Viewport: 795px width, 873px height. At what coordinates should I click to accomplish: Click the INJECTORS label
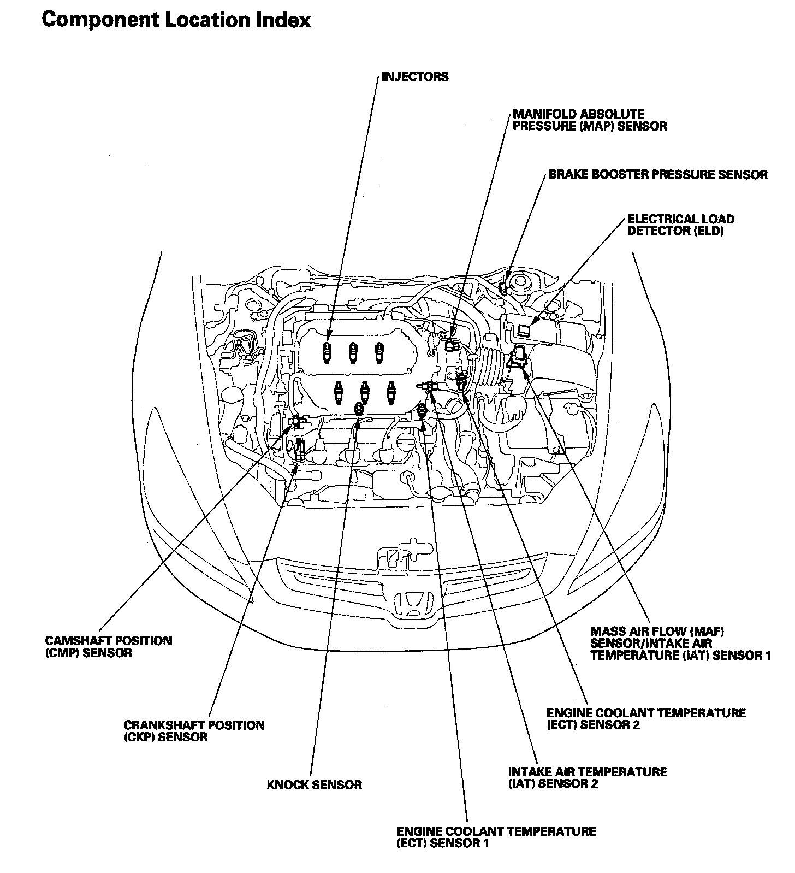(415, 76)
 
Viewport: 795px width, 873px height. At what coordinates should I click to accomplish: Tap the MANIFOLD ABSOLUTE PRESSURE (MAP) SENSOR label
(590, 120)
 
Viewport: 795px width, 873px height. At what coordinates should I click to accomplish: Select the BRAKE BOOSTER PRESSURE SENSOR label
(658, 175)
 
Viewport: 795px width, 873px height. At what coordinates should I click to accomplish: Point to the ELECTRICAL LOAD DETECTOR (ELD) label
(681, 225)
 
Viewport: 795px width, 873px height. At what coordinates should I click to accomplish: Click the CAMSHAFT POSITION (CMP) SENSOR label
(108, 647)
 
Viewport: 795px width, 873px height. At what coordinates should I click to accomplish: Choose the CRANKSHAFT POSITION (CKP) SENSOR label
(194, 731)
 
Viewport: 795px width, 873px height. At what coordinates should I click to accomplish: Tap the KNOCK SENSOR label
(315, 785)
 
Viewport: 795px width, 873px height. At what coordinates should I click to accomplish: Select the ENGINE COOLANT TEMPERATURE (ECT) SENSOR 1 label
(496, 837)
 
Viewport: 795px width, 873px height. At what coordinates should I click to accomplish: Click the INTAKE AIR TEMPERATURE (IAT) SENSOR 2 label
(588, 777)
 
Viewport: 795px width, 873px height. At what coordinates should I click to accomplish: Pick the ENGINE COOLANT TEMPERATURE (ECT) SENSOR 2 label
(646, 719)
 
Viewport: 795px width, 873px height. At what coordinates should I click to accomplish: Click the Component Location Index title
(176, 20)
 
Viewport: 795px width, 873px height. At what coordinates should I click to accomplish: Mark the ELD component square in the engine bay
(524, 329)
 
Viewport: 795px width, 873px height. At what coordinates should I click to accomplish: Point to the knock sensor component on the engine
(359, 409)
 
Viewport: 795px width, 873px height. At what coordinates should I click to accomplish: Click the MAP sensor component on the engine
(451, 345)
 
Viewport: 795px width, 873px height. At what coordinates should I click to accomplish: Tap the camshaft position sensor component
(296, 421)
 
